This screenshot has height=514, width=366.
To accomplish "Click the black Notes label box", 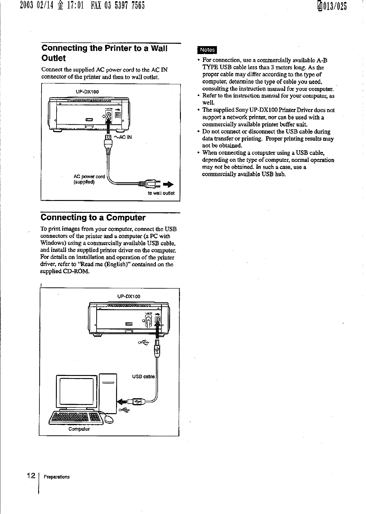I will click(x=207, y=50).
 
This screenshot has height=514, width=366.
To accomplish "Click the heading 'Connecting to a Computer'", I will click(x=93, y=217).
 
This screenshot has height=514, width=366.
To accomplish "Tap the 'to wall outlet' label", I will click(x=161, y=193).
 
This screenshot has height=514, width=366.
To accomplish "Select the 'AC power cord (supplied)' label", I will click(x=89, y=179).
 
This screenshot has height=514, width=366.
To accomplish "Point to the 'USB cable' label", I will click(x=143, y=377).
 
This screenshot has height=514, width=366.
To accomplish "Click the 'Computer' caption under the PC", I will click(x=79, y=429).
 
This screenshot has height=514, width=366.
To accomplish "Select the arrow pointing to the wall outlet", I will click(x=168, y=184).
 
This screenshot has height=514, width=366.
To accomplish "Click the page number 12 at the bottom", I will click(x=31, y=476).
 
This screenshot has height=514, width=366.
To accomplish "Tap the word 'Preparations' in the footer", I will click(x=57, y=477).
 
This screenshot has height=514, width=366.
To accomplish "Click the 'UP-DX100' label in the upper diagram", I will click(x=87, y=92).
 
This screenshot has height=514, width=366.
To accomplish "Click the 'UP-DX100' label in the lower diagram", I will click(x=129, y=296).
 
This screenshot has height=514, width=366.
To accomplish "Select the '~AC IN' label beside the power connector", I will click(x=123, y=137).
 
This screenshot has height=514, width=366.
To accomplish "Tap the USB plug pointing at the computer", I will click(x=135, y=401).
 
